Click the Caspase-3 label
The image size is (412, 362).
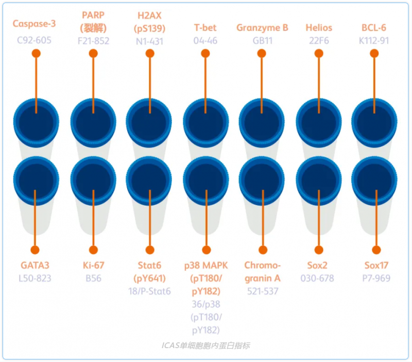point(34,24)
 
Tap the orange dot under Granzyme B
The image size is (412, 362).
point(263,54)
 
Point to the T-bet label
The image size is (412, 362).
point(205,28)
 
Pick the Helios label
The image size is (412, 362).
point(319,28)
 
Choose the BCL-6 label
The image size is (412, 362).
point(374,28)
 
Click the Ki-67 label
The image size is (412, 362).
point(93,266)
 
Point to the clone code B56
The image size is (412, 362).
point(93,278)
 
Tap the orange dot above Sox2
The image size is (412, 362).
point(319,250)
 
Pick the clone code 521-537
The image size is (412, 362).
point(263,291)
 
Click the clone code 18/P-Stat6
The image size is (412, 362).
point(149,291)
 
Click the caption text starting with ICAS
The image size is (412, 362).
point(205,345)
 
